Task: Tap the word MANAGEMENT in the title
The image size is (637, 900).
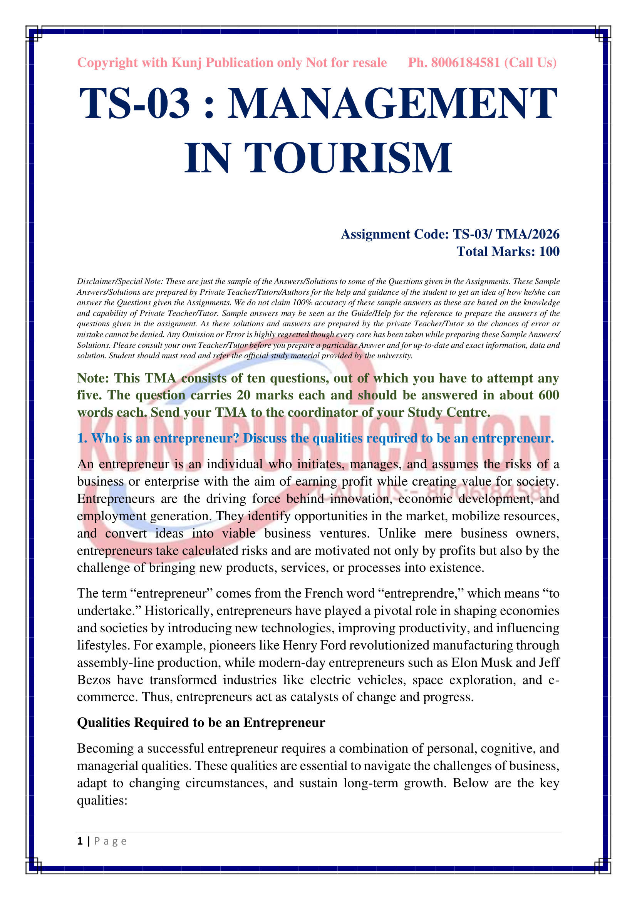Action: (x=392, y=104)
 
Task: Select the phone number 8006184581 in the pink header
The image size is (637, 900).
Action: (x=465, y=63)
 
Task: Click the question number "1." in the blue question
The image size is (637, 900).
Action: (x=82, y=438)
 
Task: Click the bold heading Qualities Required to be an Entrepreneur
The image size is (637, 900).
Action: (x=201, y=723)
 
